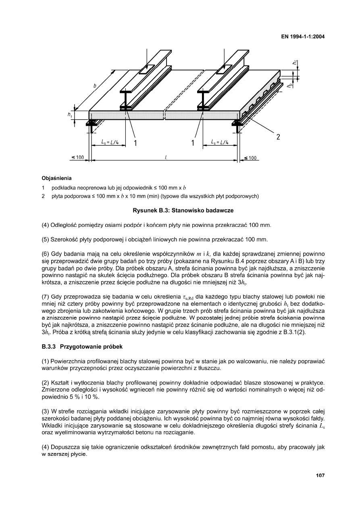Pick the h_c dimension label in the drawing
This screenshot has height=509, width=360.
(x=295, y=62)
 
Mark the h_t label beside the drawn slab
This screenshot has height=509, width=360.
(x=70, y=115)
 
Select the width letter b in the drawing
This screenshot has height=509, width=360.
(x=95, y=85)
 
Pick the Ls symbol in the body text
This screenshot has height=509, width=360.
(x=321, y=426)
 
